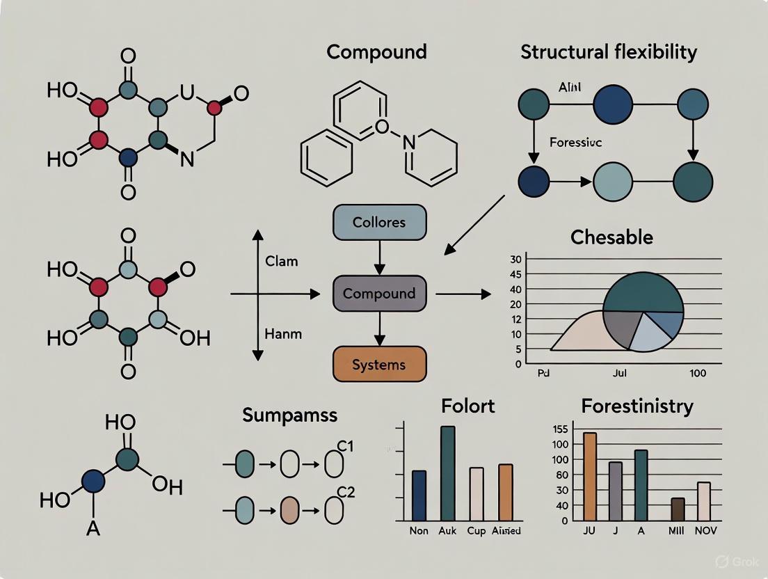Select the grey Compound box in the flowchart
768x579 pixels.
pyautogui.click(x=379, y=293)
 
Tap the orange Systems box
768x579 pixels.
pyautogui.click(x=379, y=365)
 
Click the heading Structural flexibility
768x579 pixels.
pyautogui.click(x=608, y=52)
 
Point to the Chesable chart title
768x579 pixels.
pyautogui.click(x=611, y=237)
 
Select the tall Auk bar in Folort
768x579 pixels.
pyautogui.click(x=447, y=473)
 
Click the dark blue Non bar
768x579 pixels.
pyautogui.click(x=419, y=495)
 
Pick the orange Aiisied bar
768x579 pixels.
pyautogui.click(x=506, y=492)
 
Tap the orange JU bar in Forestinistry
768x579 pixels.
pyautogui.click(x=590, y=477)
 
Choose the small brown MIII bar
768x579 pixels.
pyautogui.click(x=678, y=509)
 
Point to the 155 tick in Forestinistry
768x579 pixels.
pyautogui.click(x=561, y=429)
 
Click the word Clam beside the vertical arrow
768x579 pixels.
pyautogui.click(x=282, y=262)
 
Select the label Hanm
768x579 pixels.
pyautogui.click(x=283, y=333)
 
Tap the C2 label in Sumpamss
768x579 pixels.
pyautogui.click(x=346, y=493)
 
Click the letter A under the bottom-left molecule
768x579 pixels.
pyautogui.click(x=93, y=529)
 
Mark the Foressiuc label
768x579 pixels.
pyautogui.click(x=575, y=142)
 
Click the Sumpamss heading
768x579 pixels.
pyautogui.click(x=289, y=415)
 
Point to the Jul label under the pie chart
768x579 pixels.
pyautogui.click(x=620, y=373)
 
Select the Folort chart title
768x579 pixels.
pyautogui.click(x=467, y=405)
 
